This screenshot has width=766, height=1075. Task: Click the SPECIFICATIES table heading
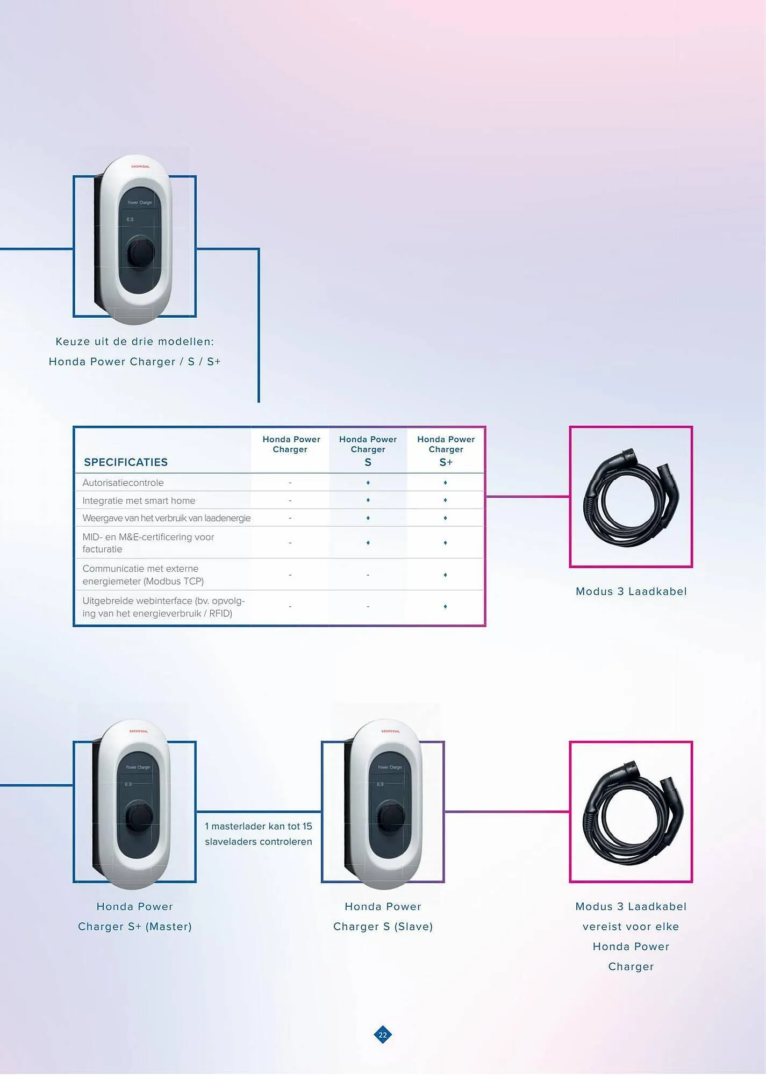(126, 462)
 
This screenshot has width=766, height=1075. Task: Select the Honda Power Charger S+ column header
(446, 450)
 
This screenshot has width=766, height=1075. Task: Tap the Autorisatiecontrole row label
(123, 483)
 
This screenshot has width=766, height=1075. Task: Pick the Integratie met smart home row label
(139, 500)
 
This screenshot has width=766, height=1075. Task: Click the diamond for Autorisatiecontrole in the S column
(368, 483)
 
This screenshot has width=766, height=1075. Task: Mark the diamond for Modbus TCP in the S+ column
(445, 575)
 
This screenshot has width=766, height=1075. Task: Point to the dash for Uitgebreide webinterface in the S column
(368, 607)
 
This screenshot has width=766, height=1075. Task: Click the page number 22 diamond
(383, 1035)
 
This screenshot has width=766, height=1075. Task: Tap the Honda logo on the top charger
(140, 167)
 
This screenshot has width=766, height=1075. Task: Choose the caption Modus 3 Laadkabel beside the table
(631, 591)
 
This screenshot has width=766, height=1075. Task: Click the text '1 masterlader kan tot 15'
(259, 826)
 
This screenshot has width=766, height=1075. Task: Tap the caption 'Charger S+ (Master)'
(135, 927)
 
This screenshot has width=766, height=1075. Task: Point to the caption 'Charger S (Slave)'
(383, 927)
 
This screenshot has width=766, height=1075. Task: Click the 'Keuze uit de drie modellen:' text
(135, 341)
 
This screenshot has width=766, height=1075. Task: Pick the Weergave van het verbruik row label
(167, 518)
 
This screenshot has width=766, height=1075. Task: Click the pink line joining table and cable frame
(527, 497)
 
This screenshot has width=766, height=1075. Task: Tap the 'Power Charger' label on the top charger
(140, 203)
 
